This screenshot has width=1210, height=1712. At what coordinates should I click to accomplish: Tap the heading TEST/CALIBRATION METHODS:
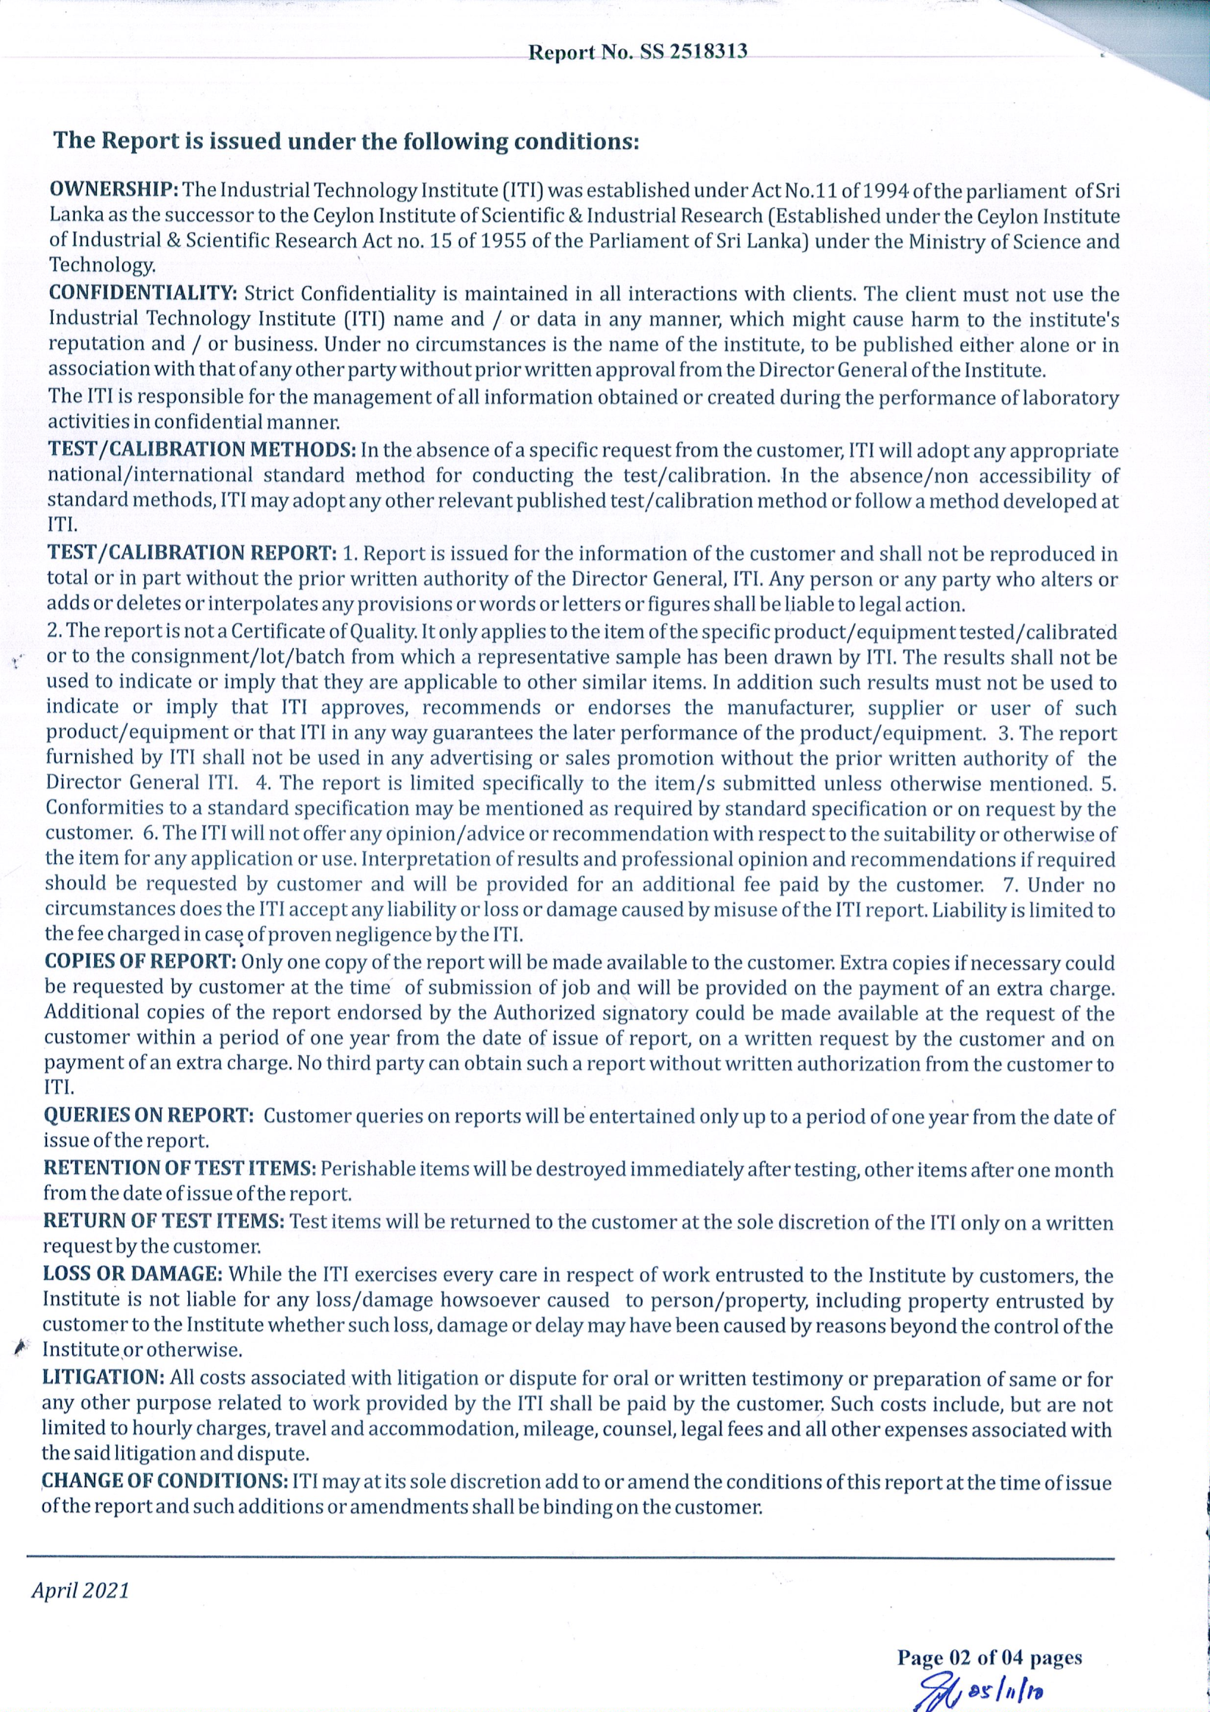click(x=201, y=450)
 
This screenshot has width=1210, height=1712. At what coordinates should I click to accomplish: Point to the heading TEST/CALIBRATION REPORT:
click(x=192, y=553)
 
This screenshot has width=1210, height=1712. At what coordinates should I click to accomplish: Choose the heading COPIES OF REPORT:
click(x=140, y=961)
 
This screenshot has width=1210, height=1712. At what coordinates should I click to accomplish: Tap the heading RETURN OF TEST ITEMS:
click(x=164, y=1222)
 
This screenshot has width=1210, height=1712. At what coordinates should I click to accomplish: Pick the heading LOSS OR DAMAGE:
click(x=132, y=1274)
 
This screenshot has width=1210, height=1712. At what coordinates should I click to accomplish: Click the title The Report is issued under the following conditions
click(x=346, y=141)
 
